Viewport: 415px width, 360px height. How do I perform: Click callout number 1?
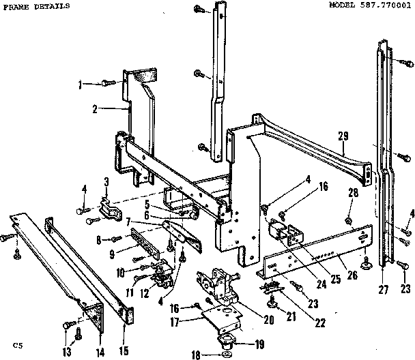click(81, 84)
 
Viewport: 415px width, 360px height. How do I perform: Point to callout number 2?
click(96, 108)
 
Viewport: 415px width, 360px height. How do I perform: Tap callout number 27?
click(383, 289)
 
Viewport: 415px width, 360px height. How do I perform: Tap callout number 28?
click(352, 194)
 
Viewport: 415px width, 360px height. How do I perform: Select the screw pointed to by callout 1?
click(106, 83)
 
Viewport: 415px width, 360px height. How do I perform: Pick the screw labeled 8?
click(116, 239)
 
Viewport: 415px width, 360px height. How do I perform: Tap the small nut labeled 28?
click(348, 220)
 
